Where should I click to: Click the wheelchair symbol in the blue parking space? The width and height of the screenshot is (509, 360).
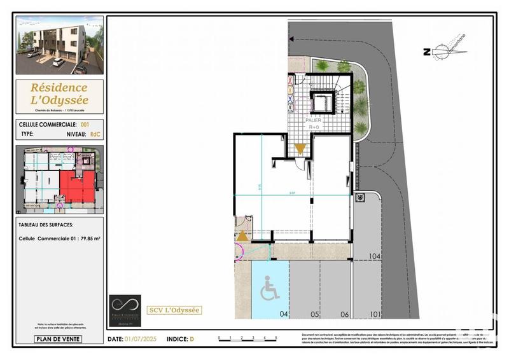(x=269, y=291)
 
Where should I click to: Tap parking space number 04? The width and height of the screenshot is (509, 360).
(x=284, y=314)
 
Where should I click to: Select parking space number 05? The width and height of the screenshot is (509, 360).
(x=314, y=314)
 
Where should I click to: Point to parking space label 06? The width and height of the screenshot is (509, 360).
(x=344, y=314)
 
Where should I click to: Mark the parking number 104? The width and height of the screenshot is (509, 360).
(x=375, y=256)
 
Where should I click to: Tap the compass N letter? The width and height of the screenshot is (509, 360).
(x=426, y=53)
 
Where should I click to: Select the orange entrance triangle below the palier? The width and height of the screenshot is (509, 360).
(x=300, y=149)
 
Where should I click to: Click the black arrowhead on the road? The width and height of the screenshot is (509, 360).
(x=291, y=38)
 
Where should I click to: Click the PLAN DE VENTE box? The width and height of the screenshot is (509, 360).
(x=58, y=339)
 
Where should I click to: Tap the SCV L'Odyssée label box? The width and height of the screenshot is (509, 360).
(x=174, y=310)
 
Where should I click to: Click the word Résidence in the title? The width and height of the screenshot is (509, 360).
(x=59, y=87)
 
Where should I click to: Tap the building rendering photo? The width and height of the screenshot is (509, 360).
(x=59, y=45)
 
